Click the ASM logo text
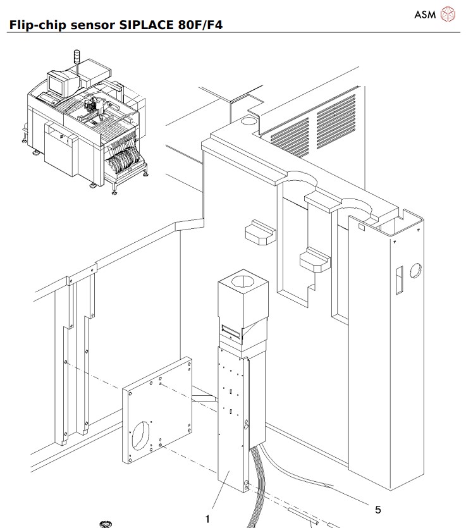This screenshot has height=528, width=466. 425,14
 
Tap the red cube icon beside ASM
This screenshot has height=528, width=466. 448,13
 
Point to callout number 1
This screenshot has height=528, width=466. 207,519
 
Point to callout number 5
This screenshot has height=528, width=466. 378,509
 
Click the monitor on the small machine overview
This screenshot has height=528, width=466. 58,82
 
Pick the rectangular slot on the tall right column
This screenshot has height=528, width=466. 399,281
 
